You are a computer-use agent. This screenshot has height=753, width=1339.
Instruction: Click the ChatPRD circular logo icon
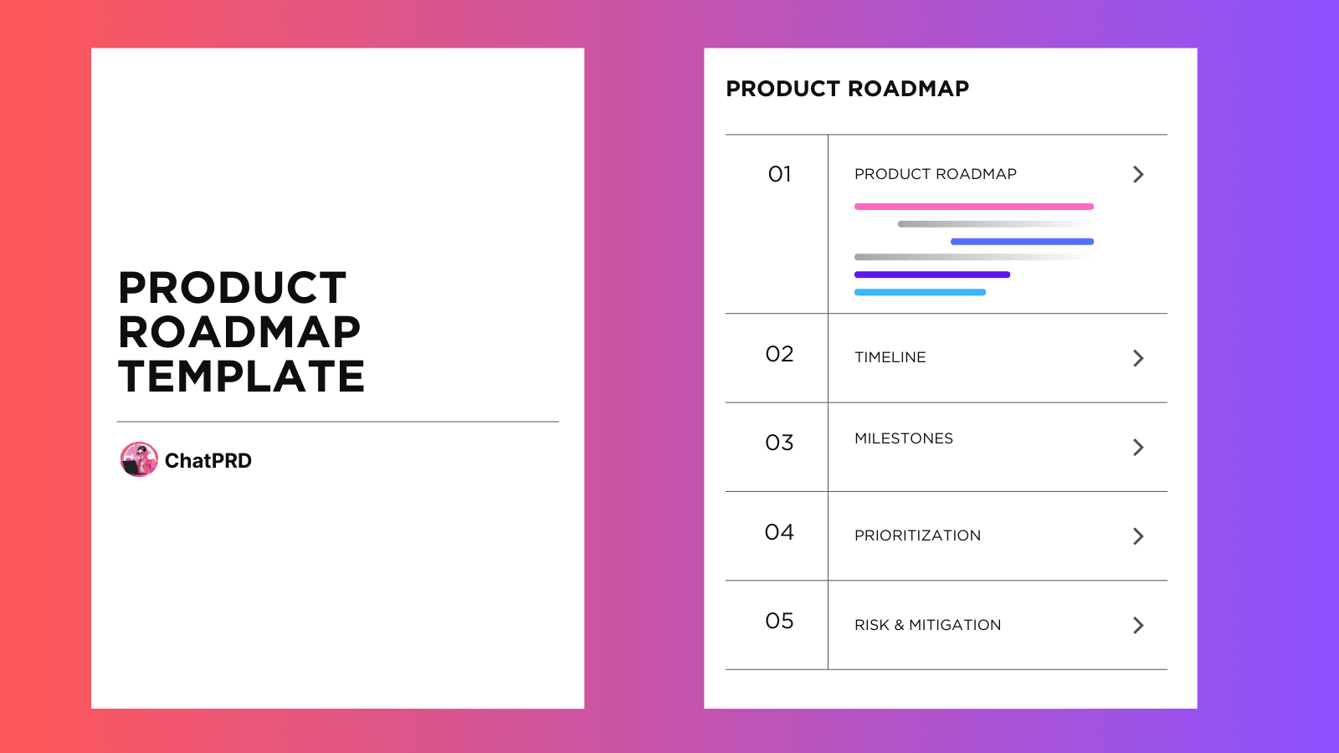[139, 459]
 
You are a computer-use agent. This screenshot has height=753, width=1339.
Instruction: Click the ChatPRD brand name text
[208, 461]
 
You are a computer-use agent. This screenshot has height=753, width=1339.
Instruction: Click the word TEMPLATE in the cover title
[241, 376]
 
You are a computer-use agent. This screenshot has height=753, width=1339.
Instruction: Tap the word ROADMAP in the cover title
[239, 332]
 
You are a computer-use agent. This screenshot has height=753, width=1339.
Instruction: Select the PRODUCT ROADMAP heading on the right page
[847, 89]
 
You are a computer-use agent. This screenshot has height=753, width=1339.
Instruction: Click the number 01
[779, 174]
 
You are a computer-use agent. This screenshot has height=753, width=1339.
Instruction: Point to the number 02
[779, 354]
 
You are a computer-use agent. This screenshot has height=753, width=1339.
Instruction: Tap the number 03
[779, 443]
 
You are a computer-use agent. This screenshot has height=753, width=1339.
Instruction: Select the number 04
[779, 532]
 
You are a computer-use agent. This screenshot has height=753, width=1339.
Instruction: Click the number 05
[779, 621]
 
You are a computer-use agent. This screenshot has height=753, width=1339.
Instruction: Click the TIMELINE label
[890, 357]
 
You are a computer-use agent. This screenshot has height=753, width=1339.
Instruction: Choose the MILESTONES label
[903, 438]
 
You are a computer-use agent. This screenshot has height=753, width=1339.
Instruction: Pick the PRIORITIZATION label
[917, 535]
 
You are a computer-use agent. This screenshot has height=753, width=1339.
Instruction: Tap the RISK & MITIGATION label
[927, 625]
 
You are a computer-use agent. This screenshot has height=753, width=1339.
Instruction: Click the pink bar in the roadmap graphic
[973, 207]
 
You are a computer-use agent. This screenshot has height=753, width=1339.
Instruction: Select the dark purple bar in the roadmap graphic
[931, 274]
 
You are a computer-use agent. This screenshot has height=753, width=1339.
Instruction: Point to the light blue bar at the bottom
[920, 292]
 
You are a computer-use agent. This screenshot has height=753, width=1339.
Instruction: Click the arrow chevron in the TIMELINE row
[1138, 358]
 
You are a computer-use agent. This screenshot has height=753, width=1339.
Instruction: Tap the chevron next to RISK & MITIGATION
[1138, 625]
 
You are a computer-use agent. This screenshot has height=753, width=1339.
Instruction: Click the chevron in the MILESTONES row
[1138, 447]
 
